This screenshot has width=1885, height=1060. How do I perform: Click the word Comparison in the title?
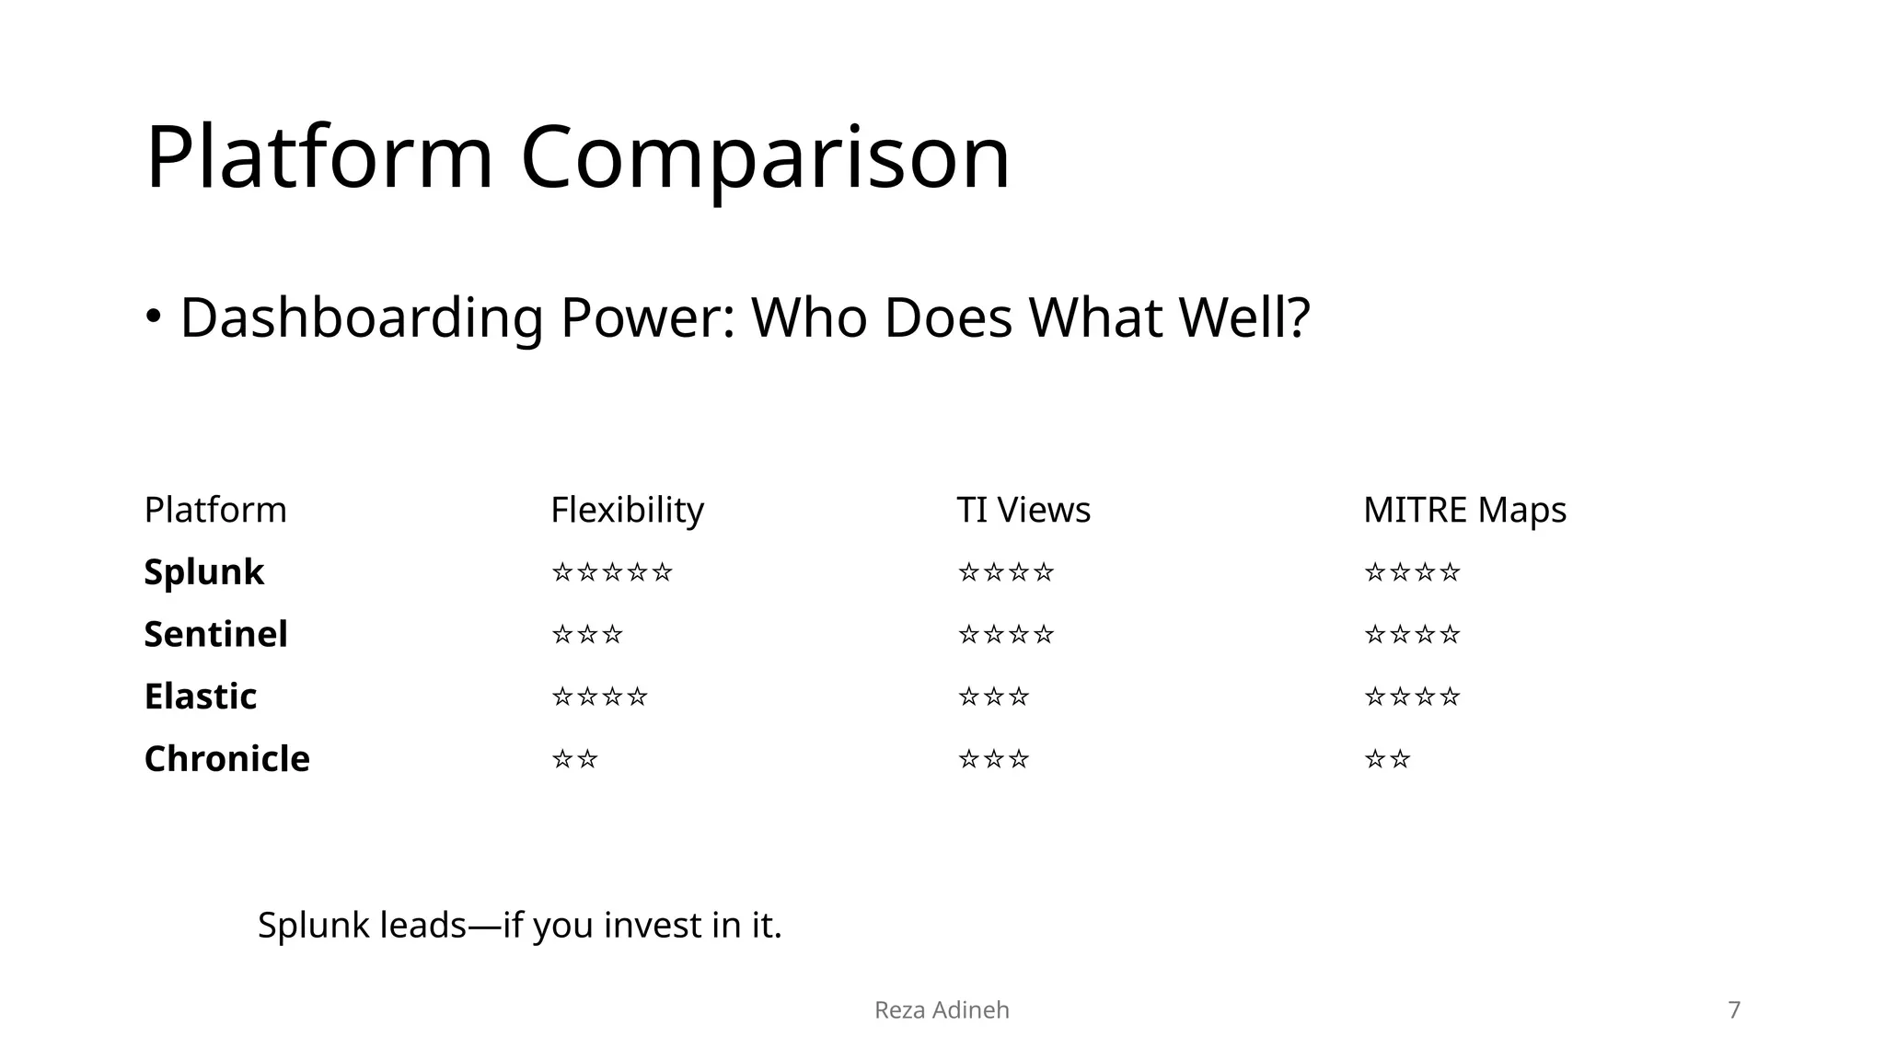[x=765, y=158]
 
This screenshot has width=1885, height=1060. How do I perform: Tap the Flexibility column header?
[x=627, y=510]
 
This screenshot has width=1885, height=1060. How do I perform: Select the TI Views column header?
[x=1023, y=510]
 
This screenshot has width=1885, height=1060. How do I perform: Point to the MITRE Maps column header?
[x=1464, y=510]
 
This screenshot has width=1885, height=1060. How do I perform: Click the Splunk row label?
[x=203, y=572]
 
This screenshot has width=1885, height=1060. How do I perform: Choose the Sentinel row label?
[x=215, y=634]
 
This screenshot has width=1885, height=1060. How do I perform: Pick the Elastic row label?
[x=200, y=697]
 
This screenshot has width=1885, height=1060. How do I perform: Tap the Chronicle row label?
[x=226, y=759]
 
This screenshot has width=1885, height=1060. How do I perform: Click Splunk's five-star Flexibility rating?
[x=612, y=573]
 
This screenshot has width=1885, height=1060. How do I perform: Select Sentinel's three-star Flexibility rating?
[x=587, y=635]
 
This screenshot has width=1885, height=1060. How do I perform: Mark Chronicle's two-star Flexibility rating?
[x=574, y=760]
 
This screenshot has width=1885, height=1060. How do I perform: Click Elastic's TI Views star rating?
[x=993, y=697]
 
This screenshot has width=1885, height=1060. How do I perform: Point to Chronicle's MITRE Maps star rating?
[x=1387, y=760]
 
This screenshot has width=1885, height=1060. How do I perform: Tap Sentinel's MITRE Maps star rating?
[x=1412, y=635]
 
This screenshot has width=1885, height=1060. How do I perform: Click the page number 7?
[x=1734, y=1010]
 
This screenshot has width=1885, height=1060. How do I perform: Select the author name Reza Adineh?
[x=942, y=1010]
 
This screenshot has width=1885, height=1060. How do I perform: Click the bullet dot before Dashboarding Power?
[x=154, y=317]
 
